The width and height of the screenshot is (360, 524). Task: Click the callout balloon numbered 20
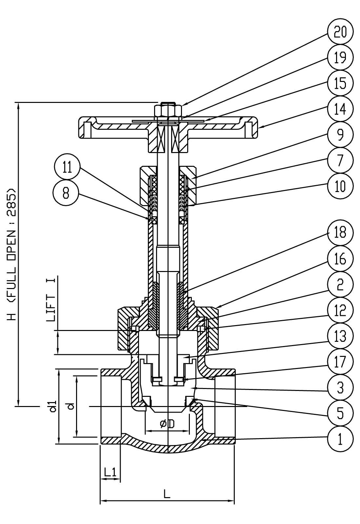(340, 31)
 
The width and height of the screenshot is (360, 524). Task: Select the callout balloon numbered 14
(340, 109)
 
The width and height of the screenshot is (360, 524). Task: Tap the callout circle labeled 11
(67, 167)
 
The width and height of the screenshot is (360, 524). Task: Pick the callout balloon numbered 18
(340, 233)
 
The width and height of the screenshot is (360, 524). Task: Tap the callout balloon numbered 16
(340, 259)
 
